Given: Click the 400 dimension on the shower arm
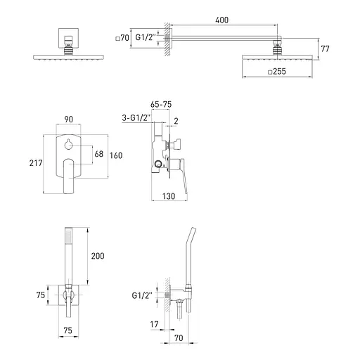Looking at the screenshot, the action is click(x=221, y=20).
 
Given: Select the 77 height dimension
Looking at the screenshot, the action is click(x=325, y=49).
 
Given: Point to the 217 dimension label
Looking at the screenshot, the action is click(x=36, y=163).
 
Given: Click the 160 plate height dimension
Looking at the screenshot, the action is click(x=116, y=155).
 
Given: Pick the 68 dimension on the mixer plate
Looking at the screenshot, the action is click(x=99, y=154).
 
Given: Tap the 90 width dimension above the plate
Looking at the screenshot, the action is click(x=68, y=120).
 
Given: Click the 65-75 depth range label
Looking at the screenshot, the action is click(x=161, y=105).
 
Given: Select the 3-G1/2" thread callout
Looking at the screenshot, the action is click(x=136, y=117).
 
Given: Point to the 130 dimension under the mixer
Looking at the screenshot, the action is click(x=169, y=196).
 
